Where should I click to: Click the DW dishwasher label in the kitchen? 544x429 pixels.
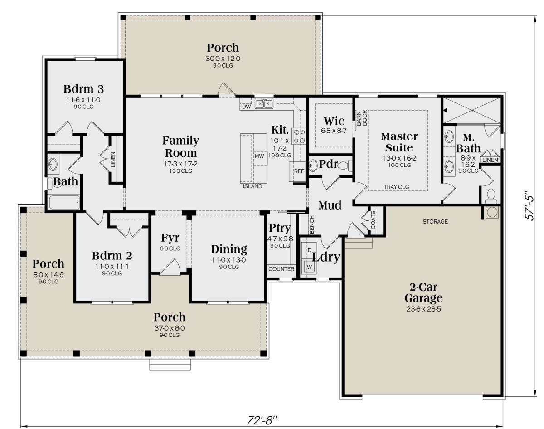[x=247, y=107]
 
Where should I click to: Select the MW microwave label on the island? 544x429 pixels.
[x=259, y=156]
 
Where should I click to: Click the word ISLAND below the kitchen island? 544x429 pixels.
[x=253, y=186]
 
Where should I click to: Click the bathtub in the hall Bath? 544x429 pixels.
[x=64, y=202]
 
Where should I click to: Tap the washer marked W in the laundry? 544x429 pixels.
[x=309, y=266]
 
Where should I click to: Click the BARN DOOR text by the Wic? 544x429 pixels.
[x=362, y=118]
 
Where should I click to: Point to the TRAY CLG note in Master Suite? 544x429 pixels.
[x=396, y=187]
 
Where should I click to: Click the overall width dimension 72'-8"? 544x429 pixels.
[x=262, y=420]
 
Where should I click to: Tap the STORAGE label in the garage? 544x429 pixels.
[x=435, y=222]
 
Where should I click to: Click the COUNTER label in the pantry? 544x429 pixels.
[x=282, y=269]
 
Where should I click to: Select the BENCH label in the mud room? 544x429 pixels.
[x=312, y=224]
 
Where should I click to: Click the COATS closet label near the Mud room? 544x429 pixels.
[x=373, y=220]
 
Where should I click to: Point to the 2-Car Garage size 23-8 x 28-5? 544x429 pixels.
[x=424, y=309]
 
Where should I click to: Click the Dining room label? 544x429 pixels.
[x=229, y=249]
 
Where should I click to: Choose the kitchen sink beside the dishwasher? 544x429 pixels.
[x=264, y=104]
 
